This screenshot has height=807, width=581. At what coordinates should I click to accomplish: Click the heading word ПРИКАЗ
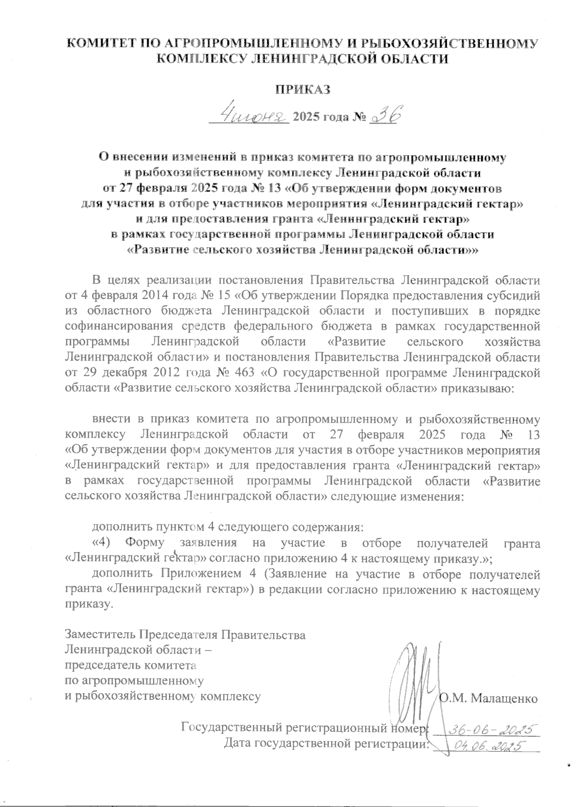(x=302, y=89)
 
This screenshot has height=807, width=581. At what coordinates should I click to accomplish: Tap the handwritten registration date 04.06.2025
(x=487, y=746)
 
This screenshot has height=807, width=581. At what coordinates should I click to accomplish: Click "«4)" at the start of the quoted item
(x=102, y=543)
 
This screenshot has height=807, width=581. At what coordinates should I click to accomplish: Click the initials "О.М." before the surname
(x=452, y=698)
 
